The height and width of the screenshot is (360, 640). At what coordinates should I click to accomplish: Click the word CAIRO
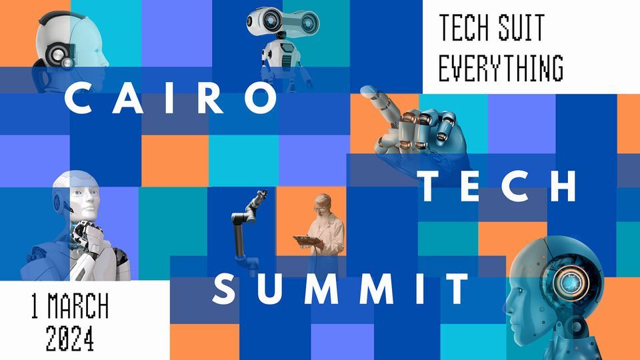170,99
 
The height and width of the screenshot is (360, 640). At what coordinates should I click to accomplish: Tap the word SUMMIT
342,289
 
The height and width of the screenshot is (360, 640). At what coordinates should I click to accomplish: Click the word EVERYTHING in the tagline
501,67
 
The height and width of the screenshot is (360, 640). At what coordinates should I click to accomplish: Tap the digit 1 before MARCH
34,307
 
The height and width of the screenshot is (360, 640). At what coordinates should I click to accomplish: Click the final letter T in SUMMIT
459,289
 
